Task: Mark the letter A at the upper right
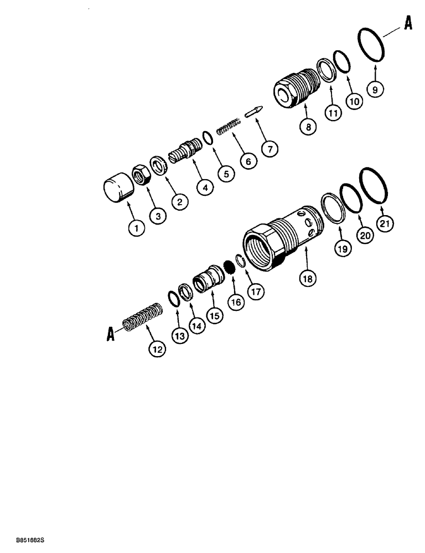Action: point(407,24)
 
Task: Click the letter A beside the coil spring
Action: point(111,334)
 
